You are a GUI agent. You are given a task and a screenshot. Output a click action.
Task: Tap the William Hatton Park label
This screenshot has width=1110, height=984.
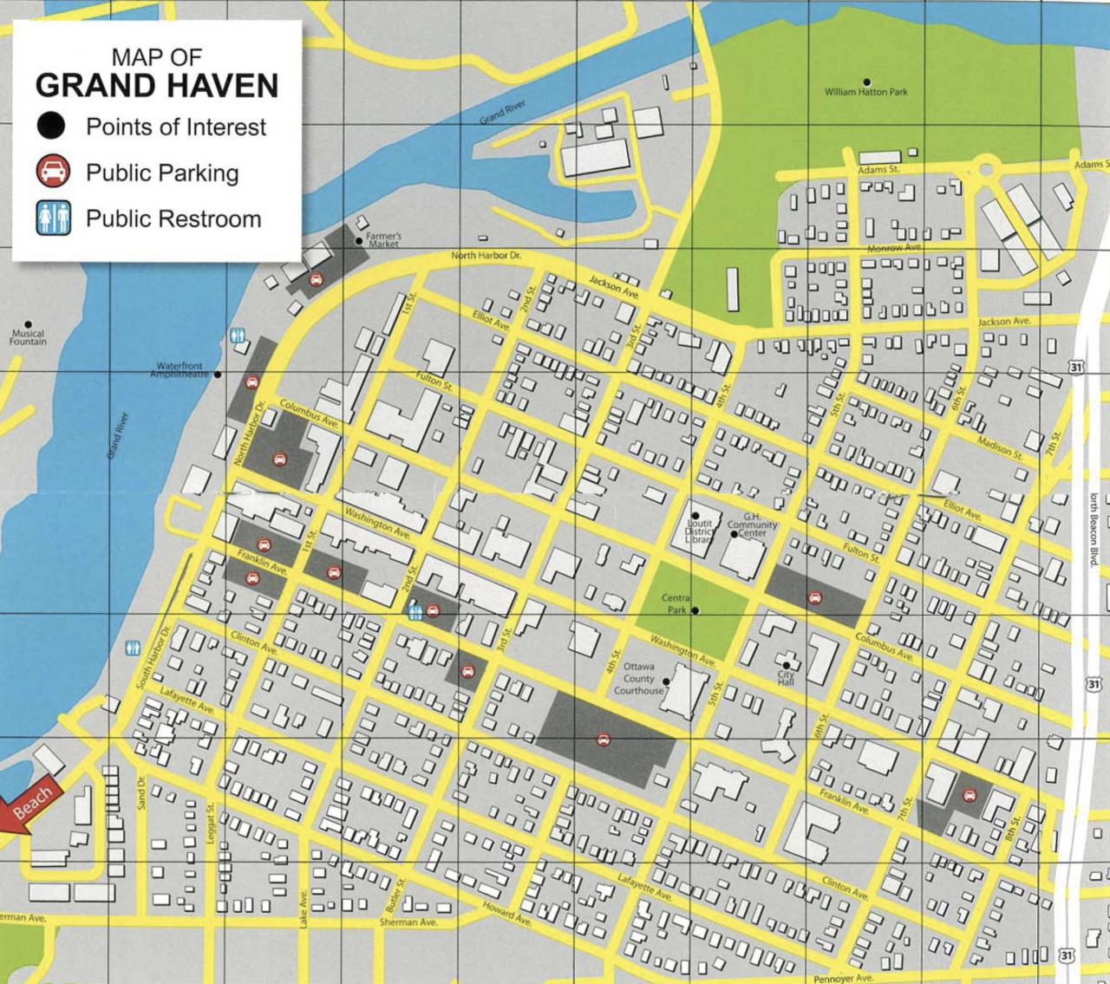(x=865, y=92)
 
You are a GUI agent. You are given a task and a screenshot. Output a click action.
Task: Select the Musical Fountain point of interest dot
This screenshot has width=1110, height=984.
(x=28, y=324)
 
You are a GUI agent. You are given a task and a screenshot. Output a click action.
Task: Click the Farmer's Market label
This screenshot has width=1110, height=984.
(x=383, y=240)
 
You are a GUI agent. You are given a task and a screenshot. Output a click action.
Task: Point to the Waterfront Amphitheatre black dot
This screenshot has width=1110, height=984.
(x=218, y=375)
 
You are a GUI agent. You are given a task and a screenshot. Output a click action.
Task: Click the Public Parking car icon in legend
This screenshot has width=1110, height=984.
(x=53, y=172)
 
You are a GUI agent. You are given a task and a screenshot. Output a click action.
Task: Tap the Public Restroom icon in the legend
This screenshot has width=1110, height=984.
(x=53, y=218)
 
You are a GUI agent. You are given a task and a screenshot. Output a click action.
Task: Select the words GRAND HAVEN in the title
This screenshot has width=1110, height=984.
(x=157, y=86)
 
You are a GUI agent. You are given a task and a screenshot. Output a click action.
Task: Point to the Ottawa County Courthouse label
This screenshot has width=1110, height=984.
(x=639, y=679)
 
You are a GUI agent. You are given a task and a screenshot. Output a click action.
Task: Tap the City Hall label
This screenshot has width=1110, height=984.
(x=786, y=678)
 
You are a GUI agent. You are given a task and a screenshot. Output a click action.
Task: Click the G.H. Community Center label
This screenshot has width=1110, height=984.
(x=752, y=525)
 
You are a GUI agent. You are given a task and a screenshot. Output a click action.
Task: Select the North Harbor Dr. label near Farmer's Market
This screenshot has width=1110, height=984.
(x=486, y=256)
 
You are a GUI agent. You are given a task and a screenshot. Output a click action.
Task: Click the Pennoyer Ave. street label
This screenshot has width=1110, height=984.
(x=843, y=978)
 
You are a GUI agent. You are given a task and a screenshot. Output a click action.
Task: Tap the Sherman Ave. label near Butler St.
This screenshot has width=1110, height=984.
(x=408, y=922)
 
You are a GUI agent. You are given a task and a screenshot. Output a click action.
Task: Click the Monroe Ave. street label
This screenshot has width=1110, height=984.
(x=894, y=249)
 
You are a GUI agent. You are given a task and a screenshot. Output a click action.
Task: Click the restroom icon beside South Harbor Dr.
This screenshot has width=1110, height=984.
(x=133, y=648)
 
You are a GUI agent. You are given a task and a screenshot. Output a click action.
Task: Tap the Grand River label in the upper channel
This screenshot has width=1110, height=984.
(x=503, y=112)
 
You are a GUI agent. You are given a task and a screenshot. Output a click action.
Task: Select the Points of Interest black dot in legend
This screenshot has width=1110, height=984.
(x=51, y=127)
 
